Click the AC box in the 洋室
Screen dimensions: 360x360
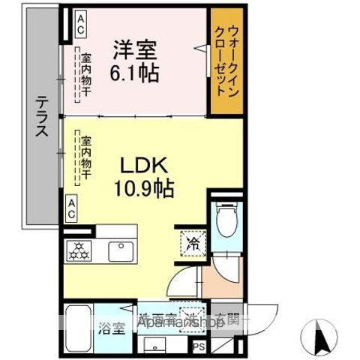coord(76,23)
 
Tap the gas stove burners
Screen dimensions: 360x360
coord(79,250)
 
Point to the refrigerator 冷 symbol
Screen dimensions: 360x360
coord(192,243)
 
